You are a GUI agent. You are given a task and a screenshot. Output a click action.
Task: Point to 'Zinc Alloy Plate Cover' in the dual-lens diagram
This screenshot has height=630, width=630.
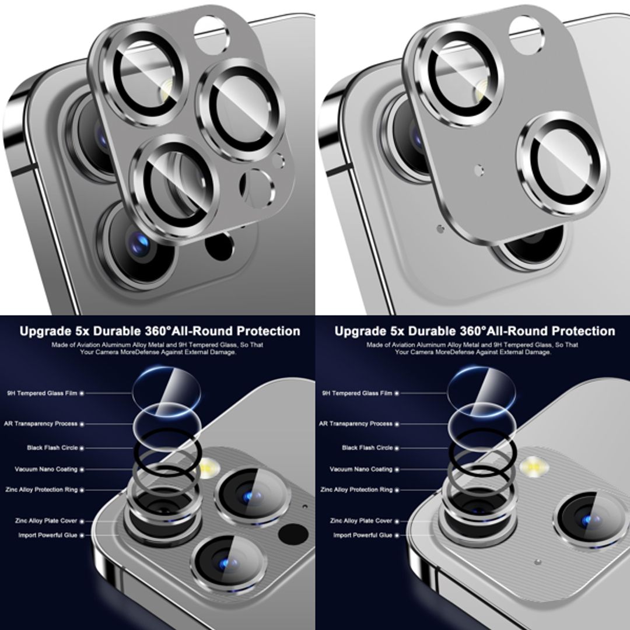[360, 520]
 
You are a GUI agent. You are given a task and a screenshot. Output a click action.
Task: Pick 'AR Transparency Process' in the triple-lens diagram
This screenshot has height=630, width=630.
[41, 423]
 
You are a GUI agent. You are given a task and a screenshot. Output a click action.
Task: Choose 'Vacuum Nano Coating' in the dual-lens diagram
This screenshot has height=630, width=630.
[361, 469]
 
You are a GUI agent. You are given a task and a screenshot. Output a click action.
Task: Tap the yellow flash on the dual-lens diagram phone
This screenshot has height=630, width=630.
[531, 466]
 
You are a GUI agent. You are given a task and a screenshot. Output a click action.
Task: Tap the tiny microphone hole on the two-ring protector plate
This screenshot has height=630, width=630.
[479, 170]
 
